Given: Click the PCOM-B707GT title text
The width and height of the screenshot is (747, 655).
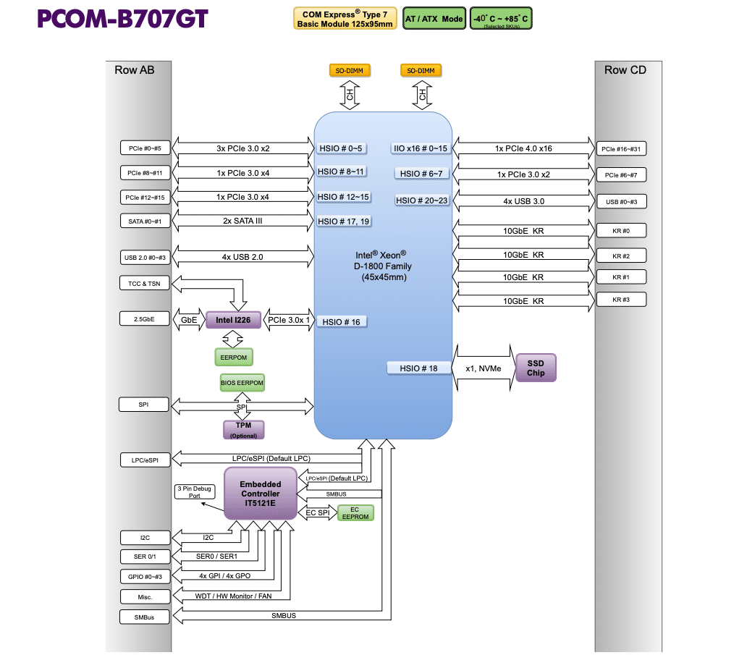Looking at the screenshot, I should (x=122, y=20).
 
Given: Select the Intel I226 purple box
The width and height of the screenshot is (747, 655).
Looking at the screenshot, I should (x=233, y=319).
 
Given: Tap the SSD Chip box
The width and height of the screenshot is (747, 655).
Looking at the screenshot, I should (x=536, y=368).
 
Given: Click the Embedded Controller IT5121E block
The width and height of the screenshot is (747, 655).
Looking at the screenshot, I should (x=260, y=494).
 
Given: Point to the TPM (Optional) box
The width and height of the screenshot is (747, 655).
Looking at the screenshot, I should (x=243, y=430).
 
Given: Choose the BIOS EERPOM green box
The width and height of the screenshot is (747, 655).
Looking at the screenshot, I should (x=242, y=382).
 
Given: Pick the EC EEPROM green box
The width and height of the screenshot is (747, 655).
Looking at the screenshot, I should (x=355, y=513).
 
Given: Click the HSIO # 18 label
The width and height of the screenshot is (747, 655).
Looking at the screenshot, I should (x=418, y=368).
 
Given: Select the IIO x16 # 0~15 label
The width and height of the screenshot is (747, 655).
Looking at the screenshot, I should (x=421, y=148).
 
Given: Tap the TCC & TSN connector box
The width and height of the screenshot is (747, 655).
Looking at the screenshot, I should (x=145, y=284).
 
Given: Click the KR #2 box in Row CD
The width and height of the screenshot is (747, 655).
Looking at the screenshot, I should (x=620, y=256).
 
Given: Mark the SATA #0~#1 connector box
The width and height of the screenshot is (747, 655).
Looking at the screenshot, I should (x=145, y=221).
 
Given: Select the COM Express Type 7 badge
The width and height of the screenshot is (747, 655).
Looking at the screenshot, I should (x=345, y=19).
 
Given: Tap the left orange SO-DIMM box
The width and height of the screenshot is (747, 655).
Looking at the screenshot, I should (x=350, y=71).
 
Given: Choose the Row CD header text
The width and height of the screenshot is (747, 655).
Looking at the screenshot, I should (x=625, y=70).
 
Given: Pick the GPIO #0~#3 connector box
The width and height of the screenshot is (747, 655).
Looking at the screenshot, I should (x=145, y=577).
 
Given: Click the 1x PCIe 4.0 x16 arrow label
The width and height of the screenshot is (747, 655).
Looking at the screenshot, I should (x=523, y=148).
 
